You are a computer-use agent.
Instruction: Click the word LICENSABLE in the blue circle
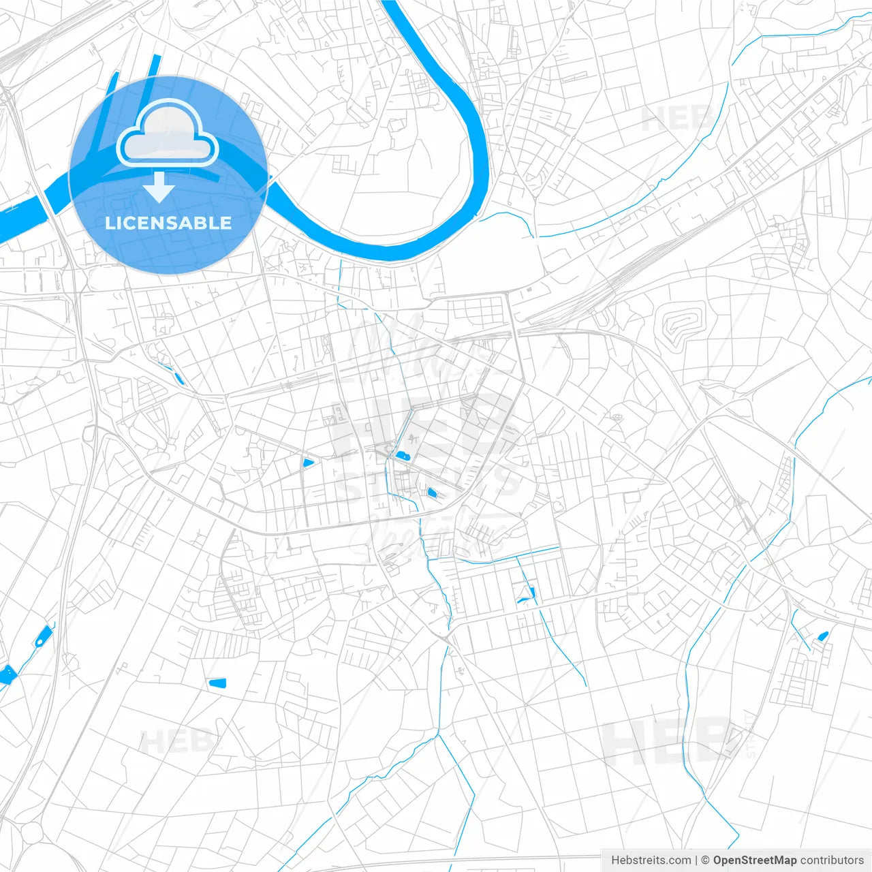(168, 223)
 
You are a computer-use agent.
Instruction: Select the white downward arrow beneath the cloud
(159, 187)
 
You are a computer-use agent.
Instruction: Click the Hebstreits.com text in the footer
(651, 860)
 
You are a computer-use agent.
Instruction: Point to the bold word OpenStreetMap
(754, 860)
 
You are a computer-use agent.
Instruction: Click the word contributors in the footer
(832, 860)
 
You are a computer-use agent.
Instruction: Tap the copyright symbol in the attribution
(706, 860)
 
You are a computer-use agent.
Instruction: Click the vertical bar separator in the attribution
(696, 860)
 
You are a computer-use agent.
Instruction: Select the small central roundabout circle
(389, 448)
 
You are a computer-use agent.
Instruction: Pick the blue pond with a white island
(43, 637)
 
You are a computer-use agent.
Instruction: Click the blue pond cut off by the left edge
(6, 674)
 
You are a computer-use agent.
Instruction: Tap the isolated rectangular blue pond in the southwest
(217, 683)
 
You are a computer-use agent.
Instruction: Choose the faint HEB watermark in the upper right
(678, 120)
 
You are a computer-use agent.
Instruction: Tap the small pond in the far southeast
(822, 636)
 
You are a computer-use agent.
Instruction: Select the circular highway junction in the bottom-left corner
(31, 832)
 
